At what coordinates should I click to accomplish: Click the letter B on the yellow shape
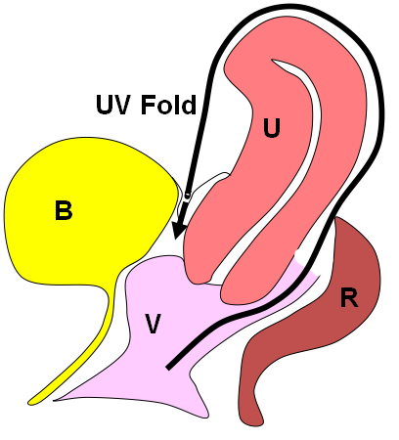click(64, 210)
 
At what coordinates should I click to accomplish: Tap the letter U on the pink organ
click(272, 128)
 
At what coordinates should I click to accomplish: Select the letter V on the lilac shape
click(153, 324)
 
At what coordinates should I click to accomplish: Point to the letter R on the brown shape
click(349, 297)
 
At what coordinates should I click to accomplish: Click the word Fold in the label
click(168, 105)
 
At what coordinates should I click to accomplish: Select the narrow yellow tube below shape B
click(81, 359)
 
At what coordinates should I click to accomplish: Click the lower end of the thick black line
click(168, 368)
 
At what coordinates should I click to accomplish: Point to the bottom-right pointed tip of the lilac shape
click(206, 416)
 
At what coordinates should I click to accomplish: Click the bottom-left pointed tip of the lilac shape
click(56, 400)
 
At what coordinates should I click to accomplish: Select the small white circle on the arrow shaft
click(187, 196)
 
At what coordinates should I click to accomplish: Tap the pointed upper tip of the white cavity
click(273, 60)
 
